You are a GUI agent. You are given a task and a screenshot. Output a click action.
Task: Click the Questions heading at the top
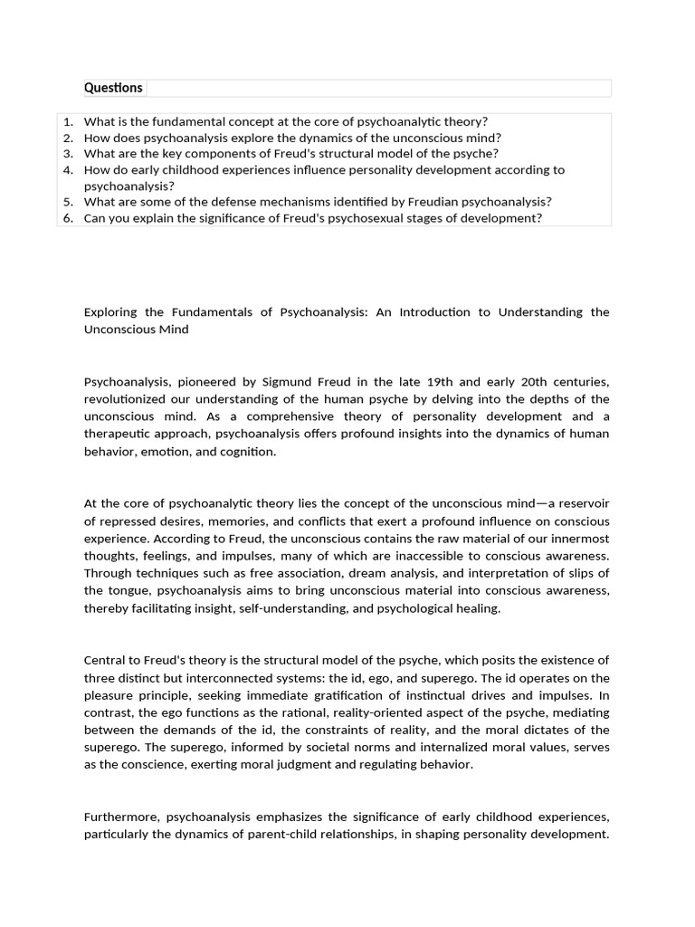[113, 88]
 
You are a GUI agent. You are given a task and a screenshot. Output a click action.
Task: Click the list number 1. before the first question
[68, 121]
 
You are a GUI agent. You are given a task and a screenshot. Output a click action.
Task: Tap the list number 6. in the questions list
[68, 218]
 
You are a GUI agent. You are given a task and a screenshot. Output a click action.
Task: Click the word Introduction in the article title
[433, 312]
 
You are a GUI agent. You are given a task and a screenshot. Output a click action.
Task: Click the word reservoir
[578, 503]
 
